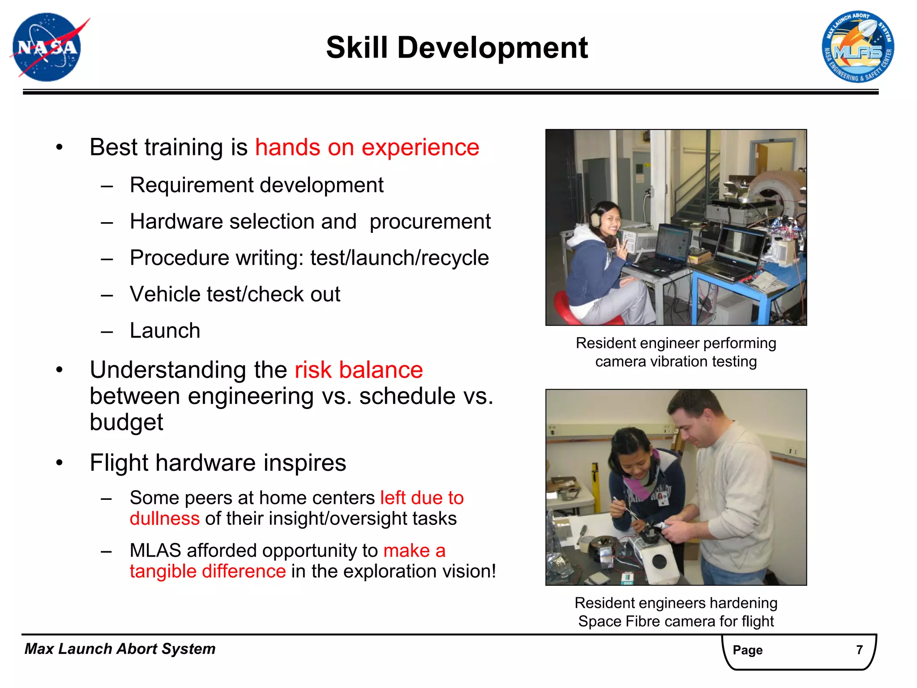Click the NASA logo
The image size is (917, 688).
(47, 47)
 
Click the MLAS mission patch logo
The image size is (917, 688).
(857, 47)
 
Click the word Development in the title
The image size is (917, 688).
(493, 47)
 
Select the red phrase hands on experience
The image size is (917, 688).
(367, 147)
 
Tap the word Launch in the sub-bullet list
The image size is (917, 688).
(165, 331)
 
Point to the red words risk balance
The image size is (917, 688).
(358, 370)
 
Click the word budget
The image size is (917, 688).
(126, 422)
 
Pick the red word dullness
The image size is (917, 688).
(164, 519)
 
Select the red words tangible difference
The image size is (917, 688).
(208, 572)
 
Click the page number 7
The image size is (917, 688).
(859, 650)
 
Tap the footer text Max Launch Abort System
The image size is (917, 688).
(120, 649)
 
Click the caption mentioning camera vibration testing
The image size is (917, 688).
(676, 353)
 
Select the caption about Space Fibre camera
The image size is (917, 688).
(676, 612)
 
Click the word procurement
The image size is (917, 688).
(430, 222)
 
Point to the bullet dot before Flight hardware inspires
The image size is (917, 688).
(60, 463)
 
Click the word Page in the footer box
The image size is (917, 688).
(747, 650)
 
